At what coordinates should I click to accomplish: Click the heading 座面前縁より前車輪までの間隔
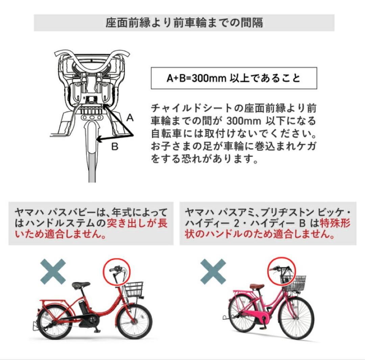[x=184, y=23]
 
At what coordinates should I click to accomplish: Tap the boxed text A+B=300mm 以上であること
[x=234, y=78]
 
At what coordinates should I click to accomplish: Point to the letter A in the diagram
[x=130, y=118]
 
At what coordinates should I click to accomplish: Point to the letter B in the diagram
[x=115, y=147]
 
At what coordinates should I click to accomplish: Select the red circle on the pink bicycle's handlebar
[x=282, y=271]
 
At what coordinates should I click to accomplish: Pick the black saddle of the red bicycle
[x=81, y=285]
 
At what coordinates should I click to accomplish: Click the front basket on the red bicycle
[x=134, y=289]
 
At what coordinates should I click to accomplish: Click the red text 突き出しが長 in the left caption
[x=137, y=223]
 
